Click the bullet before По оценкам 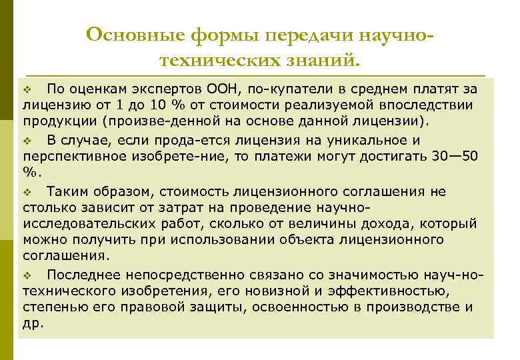(x=27, y=89)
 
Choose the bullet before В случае (x=27, y=141)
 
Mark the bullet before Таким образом (x=27, y=191)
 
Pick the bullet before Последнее (x=27, y=275)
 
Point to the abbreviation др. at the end (x=33, y=323)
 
